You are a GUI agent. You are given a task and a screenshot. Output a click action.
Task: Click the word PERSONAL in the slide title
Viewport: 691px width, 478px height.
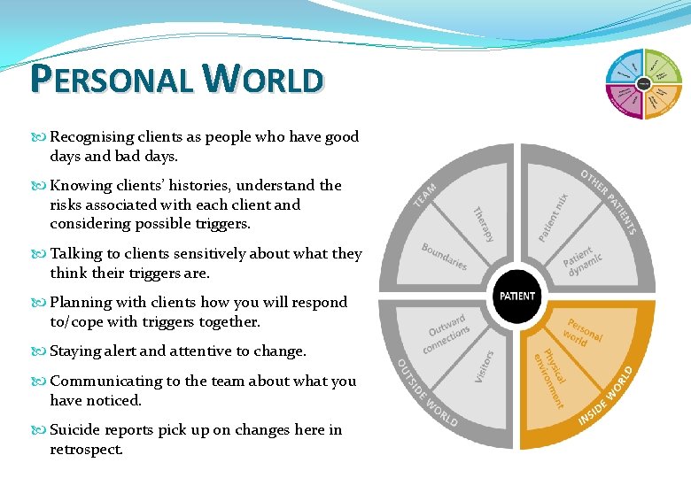point(112,80)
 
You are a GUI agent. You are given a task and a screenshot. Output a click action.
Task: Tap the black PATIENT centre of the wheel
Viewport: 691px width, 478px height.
point(517,296)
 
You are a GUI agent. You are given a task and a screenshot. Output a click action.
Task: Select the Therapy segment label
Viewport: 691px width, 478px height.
point(483,224)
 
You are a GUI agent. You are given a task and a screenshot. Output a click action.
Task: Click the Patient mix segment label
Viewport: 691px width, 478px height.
point(554,219)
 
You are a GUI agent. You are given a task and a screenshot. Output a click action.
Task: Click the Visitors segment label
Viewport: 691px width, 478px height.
point(485,366)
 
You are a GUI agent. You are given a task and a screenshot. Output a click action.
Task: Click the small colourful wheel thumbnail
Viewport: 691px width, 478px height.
point(644,83)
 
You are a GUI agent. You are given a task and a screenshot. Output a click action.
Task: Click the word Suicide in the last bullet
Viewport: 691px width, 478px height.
point(76,430)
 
